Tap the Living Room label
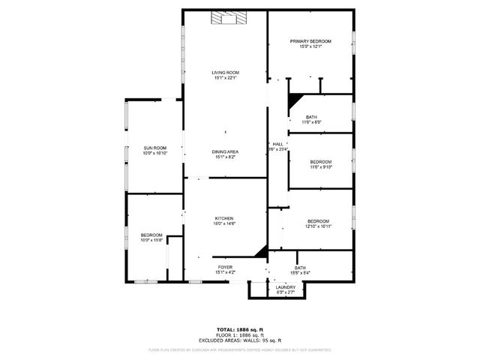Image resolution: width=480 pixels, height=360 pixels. tap(226, 72)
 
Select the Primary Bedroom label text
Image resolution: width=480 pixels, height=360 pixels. tap(310, 41)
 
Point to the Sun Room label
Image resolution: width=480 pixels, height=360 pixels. tap(154, 148)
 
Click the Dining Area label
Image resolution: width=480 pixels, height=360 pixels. tap(226, 151)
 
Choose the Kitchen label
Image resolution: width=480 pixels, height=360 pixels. tap(226, 218)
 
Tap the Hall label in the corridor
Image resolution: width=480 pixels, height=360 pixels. tap(277, 144)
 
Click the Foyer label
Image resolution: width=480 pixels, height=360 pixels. tap(226, 267)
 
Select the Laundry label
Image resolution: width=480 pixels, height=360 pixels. tap(285, 287)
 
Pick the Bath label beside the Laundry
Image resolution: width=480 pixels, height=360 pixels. tap(300, 268)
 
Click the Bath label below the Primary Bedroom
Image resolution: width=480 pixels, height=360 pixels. tap(310, 117)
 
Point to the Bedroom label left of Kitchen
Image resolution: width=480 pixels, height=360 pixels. tap(151, 235)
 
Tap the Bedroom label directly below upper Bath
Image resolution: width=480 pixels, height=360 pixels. tap(321, 162)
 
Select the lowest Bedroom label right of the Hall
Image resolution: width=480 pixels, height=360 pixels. tap(318, 220)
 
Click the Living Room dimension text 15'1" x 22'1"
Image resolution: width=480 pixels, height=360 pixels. tap(226, 78)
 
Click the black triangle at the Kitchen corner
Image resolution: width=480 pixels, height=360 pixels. tap(262, 253)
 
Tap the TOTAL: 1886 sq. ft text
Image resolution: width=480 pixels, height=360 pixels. tap(240, 328)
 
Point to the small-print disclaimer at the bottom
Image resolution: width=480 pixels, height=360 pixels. tap(240, 349)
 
